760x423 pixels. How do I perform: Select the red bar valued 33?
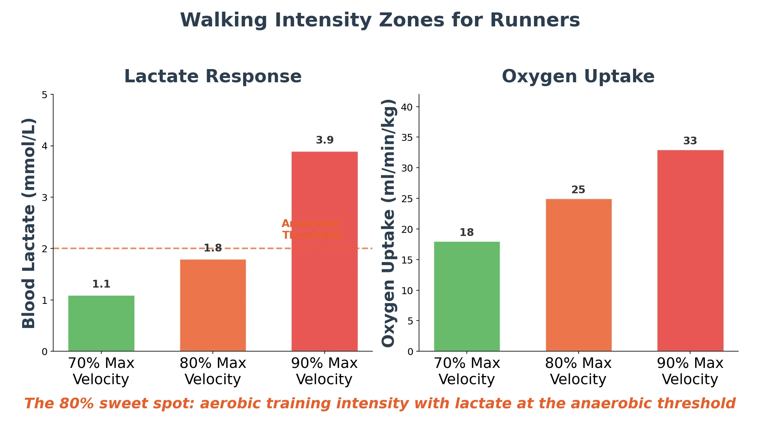pyautogui.click(x=690, y=250)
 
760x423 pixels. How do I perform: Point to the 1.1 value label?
pyautogui.click(x=101, y=284)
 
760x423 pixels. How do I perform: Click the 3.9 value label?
pyautogui.click(x=324, y=140)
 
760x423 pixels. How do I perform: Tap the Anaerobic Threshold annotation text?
pyautogui.click(x=311, y=229)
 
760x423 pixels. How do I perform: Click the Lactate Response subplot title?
pyautogui.click(x=213, y=76)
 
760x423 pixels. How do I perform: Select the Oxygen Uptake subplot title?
pyautogui.click(x=578, y=76)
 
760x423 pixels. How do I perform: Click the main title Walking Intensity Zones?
pyautogui.click(x=380, y=20)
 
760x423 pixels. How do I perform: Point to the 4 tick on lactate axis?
pyautogui.click(x=45, y=146)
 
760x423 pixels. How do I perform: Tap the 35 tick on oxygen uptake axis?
pyautogui.click(x=407, y=137)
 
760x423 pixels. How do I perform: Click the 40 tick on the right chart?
pyautogui.click(x=407, y=107)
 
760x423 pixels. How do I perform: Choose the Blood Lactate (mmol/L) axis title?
pyautogui.click(x=29, y=223)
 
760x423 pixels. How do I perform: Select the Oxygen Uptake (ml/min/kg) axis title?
pyautogui.click(x=388, y=223)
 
